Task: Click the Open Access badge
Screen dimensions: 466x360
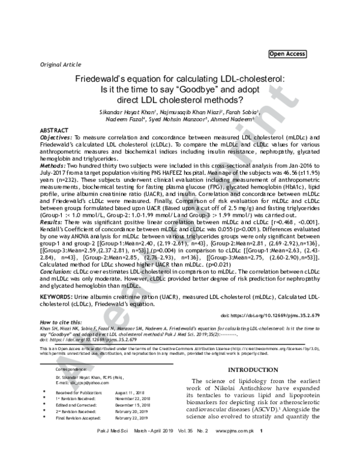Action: [288, 54]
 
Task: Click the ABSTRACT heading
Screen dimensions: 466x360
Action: [54, 130]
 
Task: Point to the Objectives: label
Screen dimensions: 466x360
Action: [57, 138]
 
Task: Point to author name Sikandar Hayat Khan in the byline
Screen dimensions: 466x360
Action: [133, 112]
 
